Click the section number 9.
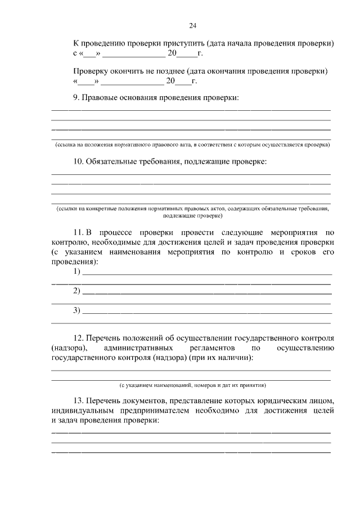pyautogui.click(x=76, y=98)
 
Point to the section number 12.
pyautogui.click(x=79, y=338)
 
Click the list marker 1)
pyautogui.click(x=77, y=272)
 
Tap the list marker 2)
pyautogui.click(x=77, y=291)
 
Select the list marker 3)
pyautogui.click(x=77, y=310)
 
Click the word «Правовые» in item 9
pyautogui.click(x=100, y=98)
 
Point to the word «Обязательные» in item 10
pyautogui.click(x=112, y=162)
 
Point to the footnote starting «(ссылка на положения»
pyautogui.click(x=192, y=145)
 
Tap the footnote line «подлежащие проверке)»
pyautogui.click(x=192, y=215)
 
